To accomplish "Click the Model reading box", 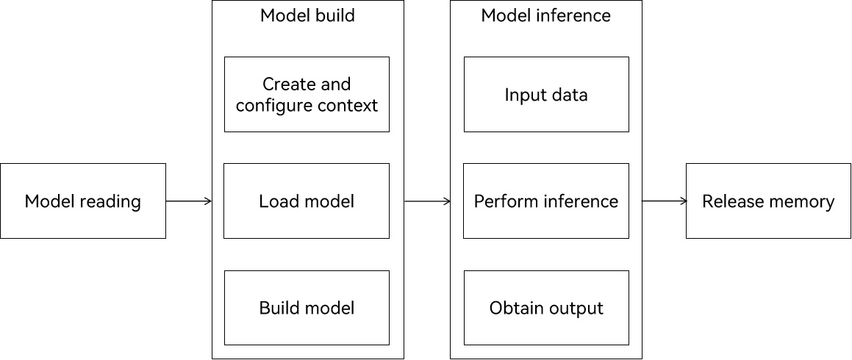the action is click(83, 201).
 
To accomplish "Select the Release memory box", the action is click(768, 201).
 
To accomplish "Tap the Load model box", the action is click(307, 201).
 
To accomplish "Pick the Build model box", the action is click(307, 308).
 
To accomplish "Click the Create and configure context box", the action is click(307, 95).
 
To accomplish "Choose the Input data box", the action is click(546, 95).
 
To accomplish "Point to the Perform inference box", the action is click(546, 201).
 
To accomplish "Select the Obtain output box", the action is click(546, 308).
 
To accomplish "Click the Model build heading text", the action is click(307, 15).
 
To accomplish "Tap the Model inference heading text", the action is click(546, 15).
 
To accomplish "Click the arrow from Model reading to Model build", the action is click(188, 201).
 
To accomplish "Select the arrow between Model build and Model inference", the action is click(428, 201).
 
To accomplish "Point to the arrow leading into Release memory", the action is click(665, 201).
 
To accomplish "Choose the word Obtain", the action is click(515, 308).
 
